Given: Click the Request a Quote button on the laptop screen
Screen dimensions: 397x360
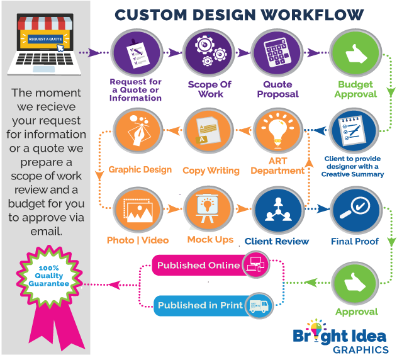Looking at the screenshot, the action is (x=45, y=39).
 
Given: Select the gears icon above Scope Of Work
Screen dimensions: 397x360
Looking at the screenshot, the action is (x=209, y=53).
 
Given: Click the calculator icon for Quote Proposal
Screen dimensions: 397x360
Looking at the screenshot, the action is (x=277, y=53).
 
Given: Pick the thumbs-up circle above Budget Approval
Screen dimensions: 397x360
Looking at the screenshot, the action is (x=355, y=53).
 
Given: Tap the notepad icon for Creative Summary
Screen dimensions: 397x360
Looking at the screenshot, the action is (x=354, y=131).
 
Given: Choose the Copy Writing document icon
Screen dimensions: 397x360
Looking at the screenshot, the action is (x=208, y=131).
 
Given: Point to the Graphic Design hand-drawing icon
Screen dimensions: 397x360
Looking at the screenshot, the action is (x=138, y=131).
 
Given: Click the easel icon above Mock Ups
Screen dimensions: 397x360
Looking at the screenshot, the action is (x=208, y=209).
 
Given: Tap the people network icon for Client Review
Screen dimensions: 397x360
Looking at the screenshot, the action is (x=278, y=209).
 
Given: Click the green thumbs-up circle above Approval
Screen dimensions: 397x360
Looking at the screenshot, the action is (x=355, y=283).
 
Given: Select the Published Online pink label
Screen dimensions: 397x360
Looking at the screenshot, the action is (x=199, y=265).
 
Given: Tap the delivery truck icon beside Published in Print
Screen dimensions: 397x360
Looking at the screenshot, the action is (x=259, y=305).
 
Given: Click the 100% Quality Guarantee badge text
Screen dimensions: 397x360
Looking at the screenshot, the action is (x=49, y=276).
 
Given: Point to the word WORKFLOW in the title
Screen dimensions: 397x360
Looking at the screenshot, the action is (x=312, y=14).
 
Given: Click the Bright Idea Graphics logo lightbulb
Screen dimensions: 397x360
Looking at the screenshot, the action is (x=316, y=330).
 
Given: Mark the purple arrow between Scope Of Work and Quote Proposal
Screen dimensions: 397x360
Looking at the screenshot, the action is (x=243, y=53).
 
